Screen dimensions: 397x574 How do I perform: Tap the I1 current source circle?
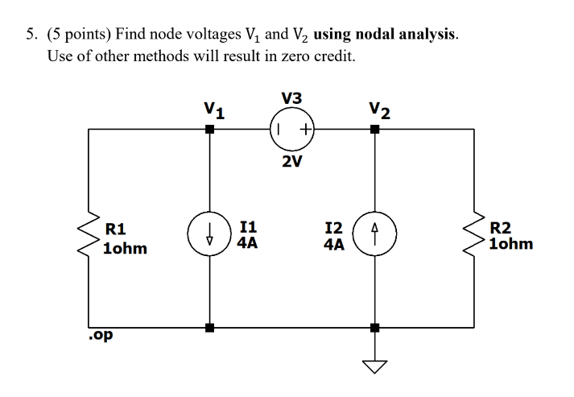click(x=209, y=232)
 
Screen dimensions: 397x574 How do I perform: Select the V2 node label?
click(x=378, y=109)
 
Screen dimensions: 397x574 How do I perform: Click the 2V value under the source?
click(x=292, y=162)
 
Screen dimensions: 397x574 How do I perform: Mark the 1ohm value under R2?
click(x=511, y=242)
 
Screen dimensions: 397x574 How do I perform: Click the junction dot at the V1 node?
click(x=209, y=130)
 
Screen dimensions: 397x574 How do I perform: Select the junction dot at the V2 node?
click(x=374, y=130)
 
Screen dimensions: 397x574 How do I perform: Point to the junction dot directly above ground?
click(x=374, y=328)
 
